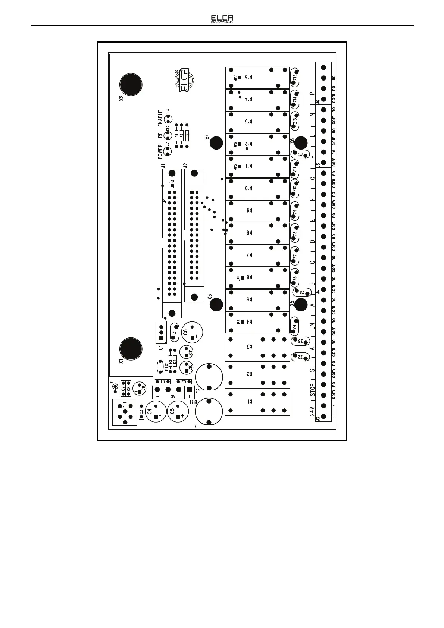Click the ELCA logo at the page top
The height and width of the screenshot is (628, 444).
(x=222, y=19)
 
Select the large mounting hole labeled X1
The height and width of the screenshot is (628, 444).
(x=131, y=349)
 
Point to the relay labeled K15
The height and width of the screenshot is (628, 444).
(x=257, y=78)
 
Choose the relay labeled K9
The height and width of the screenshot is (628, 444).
(x=257, y=211)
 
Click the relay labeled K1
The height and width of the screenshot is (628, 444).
(x=257, y=401)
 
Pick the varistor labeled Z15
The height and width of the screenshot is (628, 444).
(x=294, y=78)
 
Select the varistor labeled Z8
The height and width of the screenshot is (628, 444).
(x=294, y=233)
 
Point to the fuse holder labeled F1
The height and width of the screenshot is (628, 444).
(x=209, y=411)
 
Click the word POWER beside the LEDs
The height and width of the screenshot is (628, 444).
(x=160, y=152)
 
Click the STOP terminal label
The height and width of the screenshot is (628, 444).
(x=313, y=389)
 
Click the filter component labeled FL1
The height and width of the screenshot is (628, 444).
(x=125, y=412)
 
